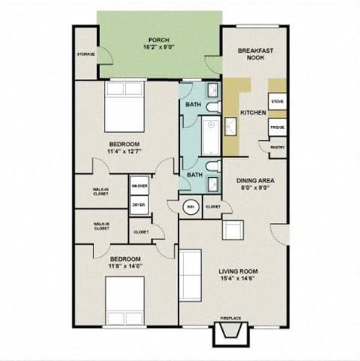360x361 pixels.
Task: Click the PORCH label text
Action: [x=157, y=39]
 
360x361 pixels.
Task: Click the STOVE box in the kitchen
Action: [x=276, y=100]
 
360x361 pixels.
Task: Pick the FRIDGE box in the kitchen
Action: [x=276, y=128]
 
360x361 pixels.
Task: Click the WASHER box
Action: [x=139, y=185]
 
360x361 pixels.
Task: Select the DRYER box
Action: [x=139, y=204]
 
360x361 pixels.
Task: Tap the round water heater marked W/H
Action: [x=191, y=207]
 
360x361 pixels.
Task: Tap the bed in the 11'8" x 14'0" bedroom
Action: [x=120, y=298]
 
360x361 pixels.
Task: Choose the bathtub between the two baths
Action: [x=197, y=139]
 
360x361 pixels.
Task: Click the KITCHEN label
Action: [x=252, y=113]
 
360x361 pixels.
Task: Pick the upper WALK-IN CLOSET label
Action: [x=100, y=191]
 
